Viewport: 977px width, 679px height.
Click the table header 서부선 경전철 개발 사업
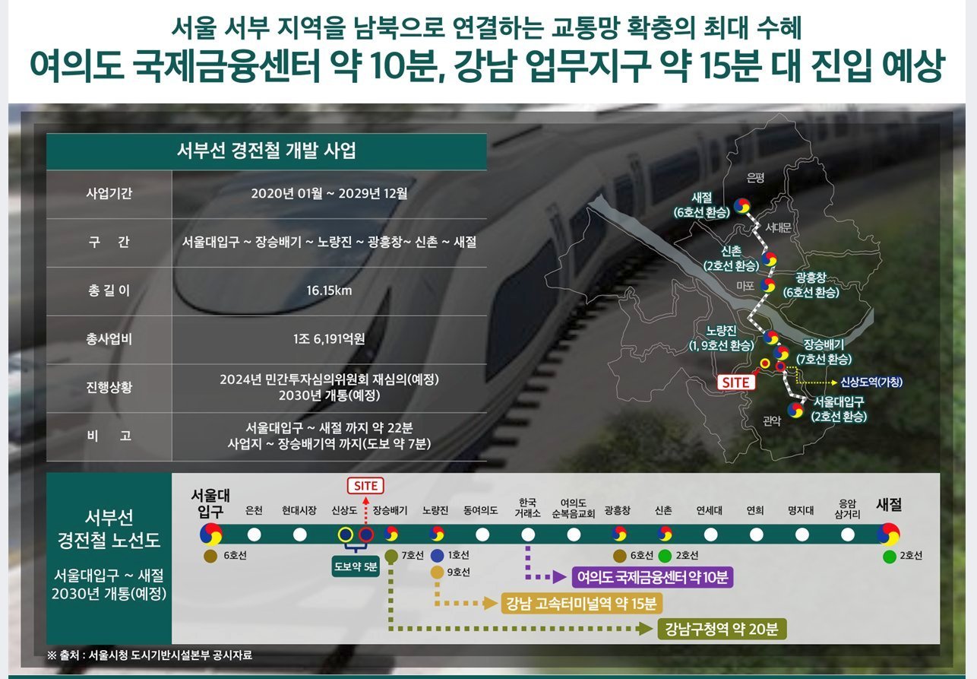(267, 151)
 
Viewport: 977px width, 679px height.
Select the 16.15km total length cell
(329, 290)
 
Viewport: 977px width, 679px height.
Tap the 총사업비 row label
(109, 339)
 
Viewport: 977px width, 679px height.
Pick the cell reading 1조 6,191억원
(329, 339)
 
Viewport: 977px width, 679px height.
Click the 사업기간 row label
(109, 193)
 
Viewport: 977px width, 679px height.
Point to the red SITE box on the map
(736, 382)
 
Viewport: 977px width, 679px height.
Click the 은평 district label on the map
(755, 177)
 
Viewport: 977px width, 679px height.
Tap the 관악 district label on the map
(772, 421)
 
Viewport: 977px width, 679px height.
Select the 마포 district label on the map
(745, 286)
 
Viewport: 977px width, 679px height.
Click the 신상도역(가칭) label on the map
(871, 382)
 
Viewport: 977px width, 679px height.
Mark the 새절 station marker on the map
(742, 205)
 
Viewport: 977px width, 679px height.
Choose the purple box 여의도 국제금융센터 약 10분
(653, 577)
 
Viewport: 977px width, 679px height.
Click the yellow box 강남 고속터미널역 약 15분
(581, 604)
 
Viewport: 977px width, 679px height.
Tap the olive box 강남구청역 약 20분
(722, 630)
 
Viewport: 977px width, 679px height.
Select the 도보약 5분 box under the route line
(356, 566)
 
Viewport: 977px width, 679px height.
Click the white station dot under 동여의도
(482, 535)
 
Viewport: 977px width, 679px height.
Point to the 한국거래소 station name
(527, 507)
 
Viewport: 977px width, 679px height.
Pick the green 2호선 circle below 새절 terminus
(890, 557)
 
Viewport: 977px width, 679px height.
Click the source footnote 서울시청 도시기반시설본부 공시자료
(170, 655)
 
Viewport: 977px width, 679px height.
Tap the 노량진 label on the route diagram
(435, 510)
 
